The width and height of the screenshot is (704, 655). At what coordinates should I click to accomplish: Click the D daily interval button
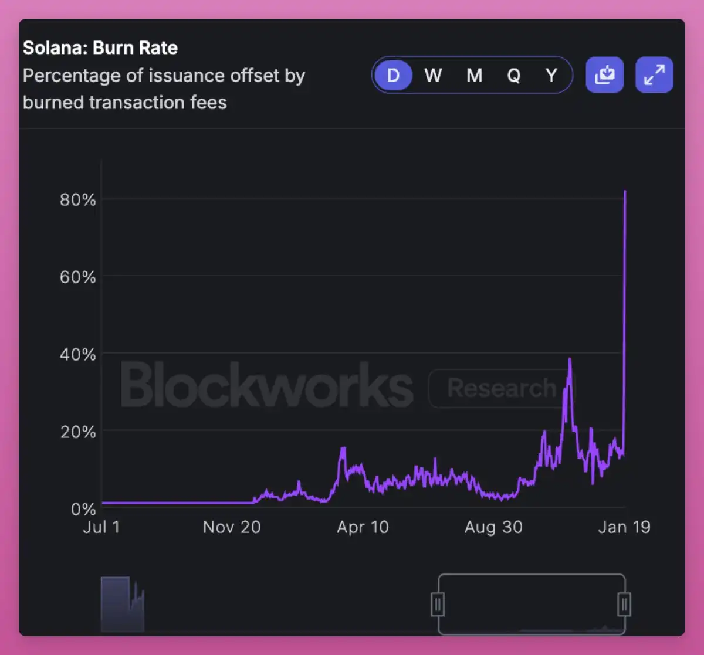(393, 76)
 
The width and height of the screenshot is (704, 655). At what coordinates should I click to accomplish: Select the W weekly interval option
(433, 76)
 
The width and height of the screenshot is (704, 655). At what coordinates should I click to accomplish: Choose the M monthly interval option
(474, 76)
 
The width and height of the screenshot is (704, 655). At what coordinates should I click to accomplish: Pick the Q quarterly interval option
(513, 76)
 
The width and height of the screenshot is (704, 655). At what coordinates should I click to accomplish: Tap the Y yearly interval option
(551, 76)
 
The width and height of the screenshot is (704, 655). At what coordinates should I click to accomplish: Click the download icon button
(604, 75)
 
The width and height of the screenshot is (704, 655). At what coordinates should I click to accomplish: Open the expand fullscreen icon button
(654, 75)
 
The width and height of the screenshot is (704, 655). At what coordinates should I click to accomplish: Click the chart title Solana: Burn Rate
(100, 48)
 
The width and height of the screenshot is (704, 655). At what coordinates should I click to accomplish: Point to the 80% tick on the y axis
(77, 200)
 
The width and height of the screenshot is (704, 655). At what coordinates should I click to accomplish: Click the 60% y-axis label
(77, 277)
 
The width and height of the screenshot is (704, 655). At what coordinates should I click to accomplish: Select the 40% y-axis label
(77, 354)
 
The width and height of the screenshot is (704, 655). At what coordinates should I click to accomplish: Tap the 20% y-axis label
(77, 432)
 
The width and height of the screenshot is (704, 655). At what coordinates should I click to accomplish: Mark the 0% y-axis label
(83, 509)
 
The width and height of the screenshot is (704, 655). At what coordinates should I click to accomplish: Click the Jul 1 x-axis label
(101, 527)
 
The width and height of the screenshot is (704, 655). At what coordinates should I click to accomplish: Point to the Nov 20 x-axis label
(232, 527)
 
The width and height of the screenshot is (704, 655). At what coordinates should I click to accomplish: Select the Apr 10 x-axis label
(363, 527)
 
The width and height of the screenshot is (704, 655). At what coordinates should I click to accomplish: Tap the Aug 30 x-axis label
(493, 527)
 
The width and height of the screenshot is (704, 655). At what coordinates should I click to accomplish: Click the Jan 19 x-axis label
(624, 527)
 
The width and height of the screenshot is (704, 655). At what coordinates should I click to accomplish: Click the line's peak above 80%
(625, 191)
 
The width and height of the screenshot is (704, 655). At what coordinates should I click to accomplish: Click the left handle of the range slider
(438, 604)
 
